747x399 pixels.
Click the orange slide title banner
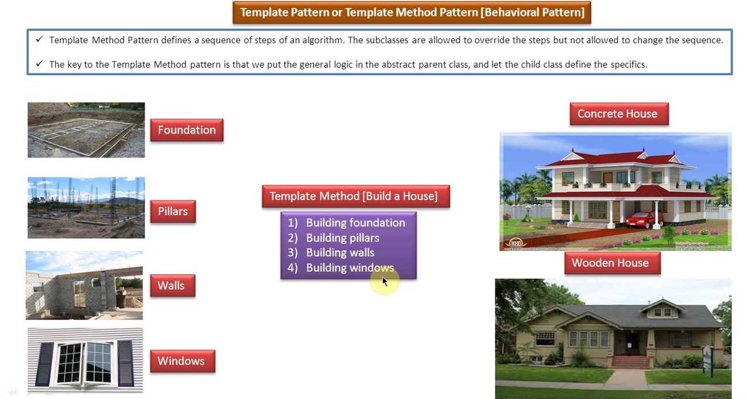tap(412, 12)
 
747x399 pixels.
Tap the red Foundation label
tap(187, 130)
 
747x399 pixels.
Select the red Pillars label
tap(173, 211)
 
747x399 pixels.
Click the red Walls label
tap(172, 286)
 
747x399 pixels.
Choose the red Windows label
tap(183, 361)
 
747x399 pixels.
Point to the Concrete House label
tap(619, 114)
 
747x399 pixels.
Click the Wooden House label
tap(612, 263)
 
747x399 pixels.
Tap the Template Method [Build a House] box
tap(356, 196)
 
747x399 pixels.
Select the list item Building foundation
tap(355, 223)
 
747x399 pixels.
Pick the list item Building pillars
tap(343, 237)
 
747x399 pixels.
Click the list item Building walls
tap(340, 253)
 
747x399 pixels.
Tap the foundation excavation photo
tap(86, 130)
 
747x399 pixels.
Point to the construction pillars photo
tap(86, 208)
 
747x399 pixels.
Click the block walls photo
tap(84, 285)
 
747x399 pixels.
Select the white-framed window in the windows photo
tap(85, 363)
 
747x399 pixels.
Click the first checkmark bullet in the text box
tap(39, 39)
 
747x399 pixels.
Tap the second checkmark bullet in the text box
tap(39, 64)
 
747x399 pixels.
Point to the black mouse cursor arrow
tap(385, 282)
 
